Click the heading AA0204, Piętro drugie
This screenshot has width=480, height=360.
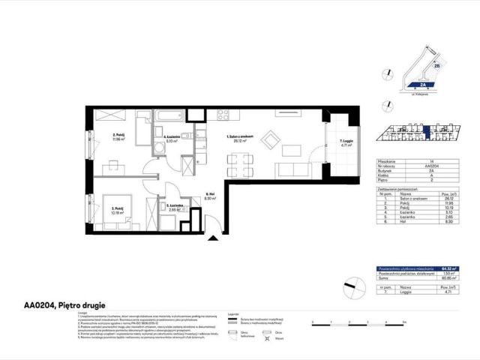click(64, 305)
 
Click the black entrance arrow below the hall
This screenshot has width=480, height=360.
click(216, 238)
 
